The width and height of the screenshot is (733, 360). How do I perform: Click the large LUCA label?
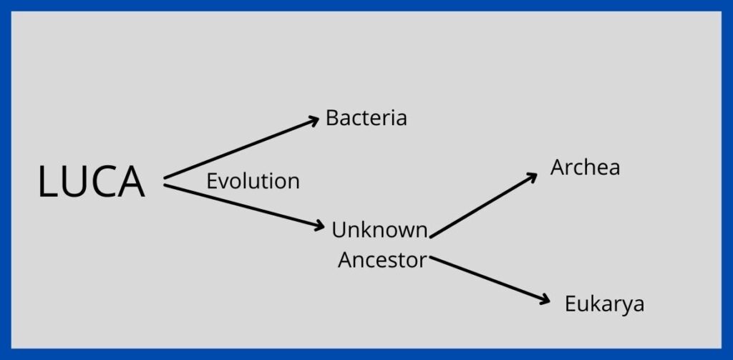pyautogui.click(x=91, y=182)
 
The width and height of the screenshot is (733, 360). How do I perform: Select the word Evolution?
pyautogui.click(x=253, y=181)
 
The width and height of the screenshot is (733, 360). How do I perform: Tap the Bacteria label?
pyautogui.click(x=366, y=118)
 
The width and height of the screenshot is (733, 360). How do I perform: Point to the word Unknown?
pyautogui.click(x=379, y=230)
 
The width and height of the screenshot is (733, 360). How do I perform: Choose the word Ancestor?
pyautogui.click(x=382, y=260)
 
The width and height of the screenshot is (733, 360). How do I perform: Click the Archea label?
pyautogui.click(x=586, y=167)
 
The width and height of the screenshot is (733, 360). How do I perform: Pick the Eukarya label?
pyautogui.click(x=604, y=304)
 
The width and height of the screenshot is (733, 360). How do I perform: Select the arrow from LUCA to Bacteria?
pyautogui.click(x=241, y=147)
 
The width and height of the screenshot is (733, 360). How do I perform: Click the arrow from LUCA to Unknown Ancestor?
pyautogui.click(x=244, y=206)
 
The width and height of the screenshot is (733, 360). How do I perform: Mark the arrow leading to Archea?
pyautogui.click(x=483, y=205)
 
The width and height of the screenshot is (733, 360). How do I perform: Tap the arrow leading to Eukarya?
pyautogui.click(x=490, y=279)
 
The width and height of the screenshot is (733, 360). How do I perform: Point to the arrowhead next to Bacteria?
pyautogui.click(x=314, y=121)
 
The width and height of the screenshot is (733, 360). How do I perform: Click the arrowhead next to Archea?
pyautogui.click(x=533, y=177)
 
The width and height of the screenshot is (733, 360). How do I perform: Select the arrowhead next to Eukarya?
pyautogui.click(x=545, y=300)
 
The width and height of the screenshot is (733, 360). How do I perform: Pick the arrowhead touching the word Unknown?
pyautogui.click(x=319, y=225)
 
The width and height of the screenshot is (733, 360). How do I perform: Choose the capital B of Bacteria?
pyautogui.click(x=331, y=118)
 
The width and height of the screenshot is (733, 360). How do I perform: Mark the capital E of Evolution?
pyautogui.click(x=211, y=181)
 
